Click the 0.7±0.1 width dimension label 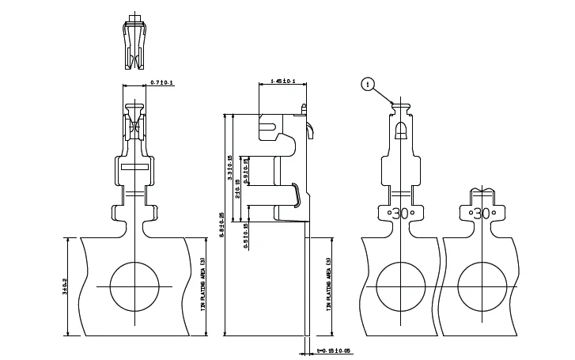point(162,83)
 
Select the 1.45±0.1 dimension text point(282,81)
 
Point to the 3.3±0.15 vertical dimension point(230,168)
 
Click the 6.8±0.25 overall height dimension point(222,225)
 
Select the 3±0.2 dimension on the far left point(65,286)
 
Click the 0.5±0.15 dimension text point(246,235)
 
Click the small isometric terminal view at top point(136,44)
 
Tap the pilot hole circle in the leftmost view point(135,286)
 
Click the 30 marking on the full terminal point(401,213)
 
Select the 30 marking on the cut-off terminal point(482,213)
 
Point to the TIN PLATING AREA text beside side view point(328,285)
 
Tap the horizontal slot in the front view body point(135,167)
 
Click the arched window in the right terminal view point(401,130)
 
